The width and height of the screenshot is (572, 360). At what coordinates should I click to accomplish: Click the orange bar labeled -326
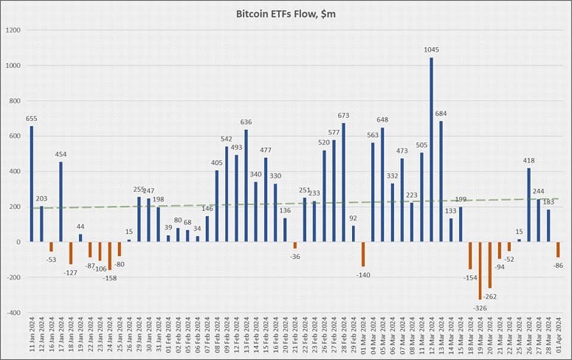point(479,270)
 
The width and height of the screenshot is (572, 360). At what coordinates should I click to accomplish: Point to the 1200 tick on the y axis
point(14,30)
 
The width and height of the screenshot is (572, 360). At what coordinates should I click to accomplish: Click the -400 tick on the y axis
point(14,313)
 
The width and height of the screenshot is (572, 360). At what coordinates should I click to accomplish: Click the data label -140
point(363,274)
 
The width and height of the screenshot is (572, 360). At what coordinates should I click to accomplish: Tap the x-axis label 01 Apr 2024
point(558,336)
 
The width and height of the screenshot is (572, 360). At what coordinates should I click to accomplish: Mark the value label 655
point(32,118)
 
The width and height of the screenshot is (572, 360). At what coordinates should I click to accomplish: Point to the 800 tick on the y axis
point(16,101)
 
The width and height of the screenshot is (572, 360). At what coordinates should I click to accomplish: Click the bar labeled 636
point(246,185)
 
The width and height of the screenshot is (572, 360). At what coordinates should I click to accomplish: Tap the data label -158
point(109,277)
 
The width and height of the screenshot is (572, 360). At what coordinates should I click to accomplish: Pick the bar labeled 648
point(382,184)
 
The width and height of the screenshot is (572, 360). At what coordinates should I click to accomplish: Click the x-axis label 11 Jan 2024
point(32,336)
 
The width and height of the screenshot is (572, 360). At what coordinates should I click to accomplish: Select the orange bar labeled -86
point(558,249)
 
